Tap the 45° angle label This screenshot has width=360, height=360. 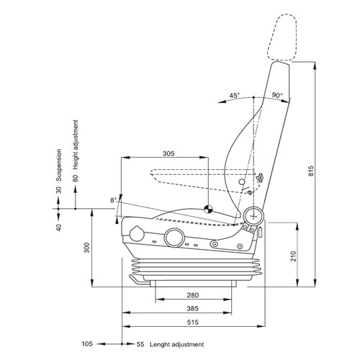click(234, 95)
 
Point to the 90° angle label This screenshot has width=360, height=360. click(277, 95)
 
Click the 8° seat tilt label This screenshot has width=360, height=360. click(113, 199)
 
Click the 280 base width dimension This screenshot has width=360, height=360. click(192, 296)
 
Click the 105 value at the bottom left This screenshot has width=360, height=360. click(87, 344)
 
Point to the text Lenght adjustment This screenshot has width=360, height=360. click(175, 344)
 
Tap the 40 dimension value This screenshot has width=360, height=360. click(60, 228)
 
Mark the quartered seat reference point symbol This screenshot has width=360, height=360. click(207, 210)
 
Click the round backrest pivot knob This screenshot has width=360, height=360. click(253, 215)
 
